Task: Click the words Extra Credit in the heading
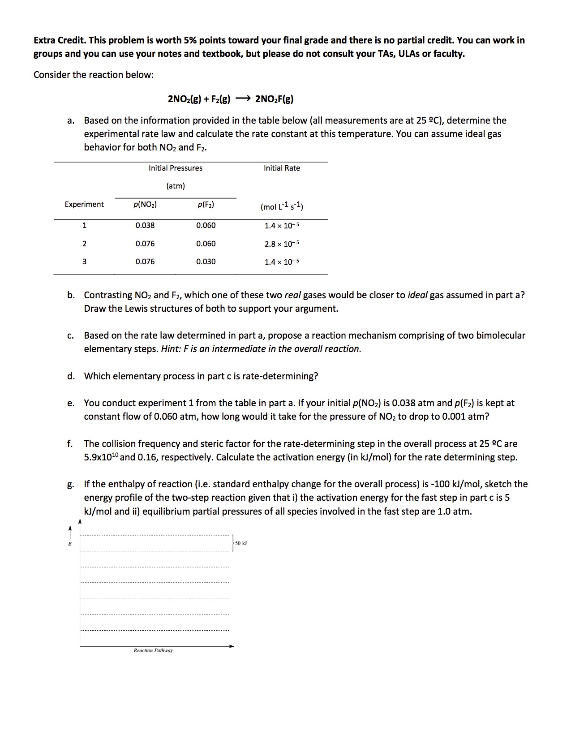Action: (x=59, y=40)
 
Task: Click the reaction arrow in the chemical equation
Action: (x=242, y=99)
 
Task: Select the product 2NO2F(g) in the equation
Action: (x=274, y=99)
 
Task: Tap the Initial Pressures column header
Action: (x=176, y=168)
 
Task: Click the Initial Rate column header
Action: (x=282, y=168)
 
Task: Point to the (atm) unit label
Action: (x=176, y=186)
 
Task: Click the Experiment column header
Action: (x=84, y=204)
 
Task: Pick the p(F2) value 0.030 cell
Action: (x=206, y=262)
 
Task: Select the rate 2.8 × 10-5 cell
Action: (x=282, y=244)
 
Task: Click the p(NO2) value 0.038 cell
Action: (x=145, y=225)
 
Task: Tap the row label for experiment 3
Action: (x=84, y=262)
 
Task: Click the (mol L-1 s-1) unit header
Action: (x=282, y=206)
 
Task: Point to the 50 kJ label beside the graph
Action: (x=241, y=543)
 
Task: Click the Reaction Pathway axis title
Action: (x=153, y=650)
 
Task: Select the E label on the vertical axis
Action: (x=69, y=544)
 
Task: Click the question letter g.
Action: (x=70, y=485)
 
